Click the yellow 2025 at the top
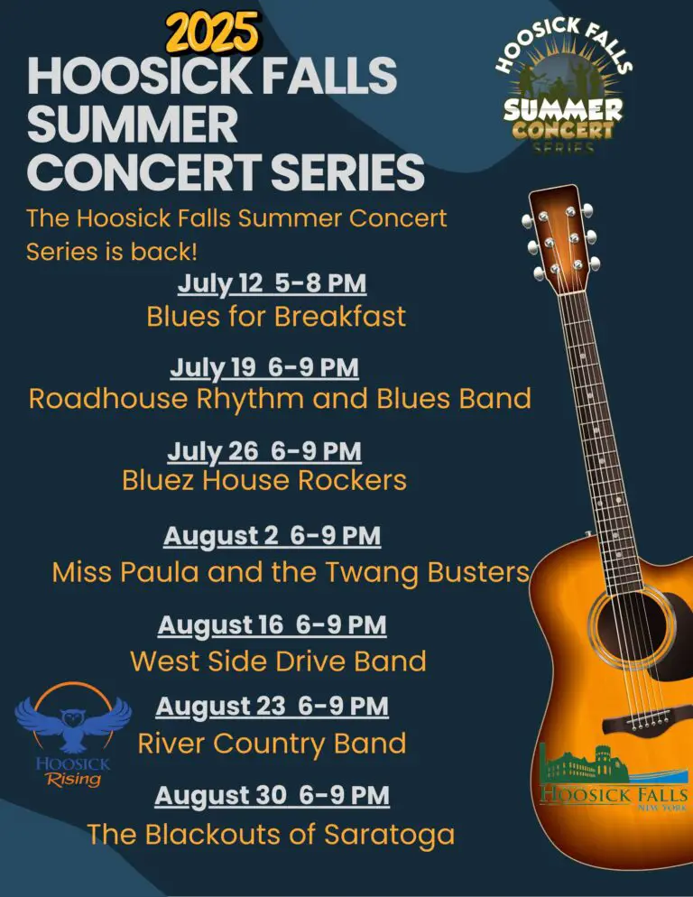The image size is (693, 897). (213, 32)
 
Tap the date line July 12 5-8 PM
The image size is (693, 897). (272, 283)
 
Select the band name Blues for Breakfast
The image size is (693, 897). (276, 317)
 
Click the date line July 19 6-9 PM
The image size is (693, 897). (264, 367)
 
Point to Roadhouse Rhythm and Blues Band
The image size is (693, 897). (280, 399)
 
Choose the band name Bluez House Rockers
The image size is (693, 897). (264, 480)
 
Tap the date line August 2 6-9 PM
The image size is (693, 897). (272, 537)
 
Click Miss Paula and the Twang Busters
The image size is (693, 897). (291, 572)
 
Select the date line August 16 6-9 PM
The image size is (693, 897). (272, 625)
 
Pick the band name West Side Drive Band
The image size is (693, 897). (278, 661)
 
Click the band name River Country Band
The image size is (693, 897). (272, 744)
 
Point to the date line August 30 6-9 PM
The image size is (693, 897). (272, 796)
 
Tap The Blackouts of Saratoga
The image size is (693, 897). (271, 834)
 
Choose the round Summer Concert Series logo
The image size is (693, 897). (564, 86)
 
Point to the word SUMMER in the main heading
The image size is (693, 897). (132, 125)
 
